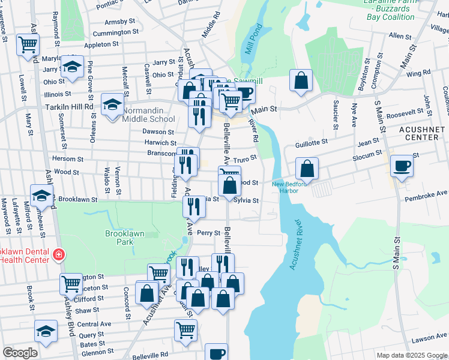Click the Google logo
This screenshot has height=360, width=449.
[x=20, y=352]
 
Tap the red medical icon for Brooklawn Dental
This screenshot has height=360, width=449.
[x=58, y=254]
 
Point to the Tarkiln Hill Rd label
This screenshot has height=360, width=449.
[x=68, y=106]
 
